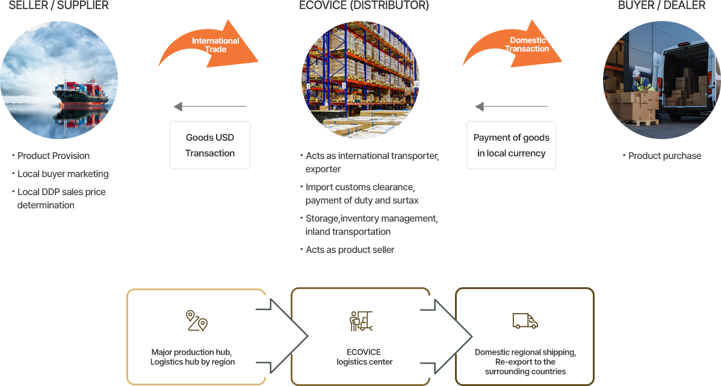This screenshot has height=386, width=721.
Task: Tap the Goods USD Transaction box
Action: pyautogui.click(x=210, y=145)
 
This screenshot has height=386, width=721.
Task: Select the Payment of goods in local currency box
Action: pyautogui.click(x=511, y=145)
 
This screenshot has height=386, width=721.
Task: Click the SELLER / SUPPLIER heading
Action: pyautogui.click(x=59, y=5)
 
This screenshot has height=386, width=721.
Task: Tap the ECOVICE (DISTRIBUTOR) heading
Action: pyautogui.click(x=364, y=5)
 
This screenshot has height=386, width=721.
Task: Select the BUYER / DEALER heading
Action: pyautogui.click(x=661, y=5)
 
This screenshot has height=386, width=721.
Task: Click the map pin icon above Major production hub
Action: pyautogui.click(x=196, y=321)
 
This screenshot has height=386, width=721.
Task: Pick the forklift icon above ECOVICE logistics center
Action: pyautogui.click(x=361, y=321)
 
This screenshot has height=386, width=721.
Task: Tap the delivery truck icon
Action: pyautogui.click(x=525, y=321)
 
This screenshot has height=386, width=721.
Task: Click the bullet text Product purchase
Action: pyautogui.click(x=664, y=156)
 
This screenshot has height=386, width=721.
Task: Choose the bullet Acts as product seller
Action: pyautogui.click(x=350, y=250)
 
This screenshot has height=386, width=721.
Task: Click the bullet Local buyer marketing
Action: pyautogui.click(x=63, y=174)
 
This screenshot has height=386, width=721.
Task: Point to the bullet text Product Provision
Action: pyautogui.click(x=54, y=156)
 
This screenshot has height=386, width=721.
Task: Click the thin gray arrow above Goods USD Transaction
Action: pyautogui.click(x=210, y=107)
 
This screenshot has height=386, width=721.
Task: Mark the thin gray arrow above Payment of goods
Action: pyautogui.click(x=512, y=107)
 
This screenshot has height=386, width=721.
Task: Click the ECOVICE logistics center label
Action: pyautogui.click(x=364, y=357)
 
